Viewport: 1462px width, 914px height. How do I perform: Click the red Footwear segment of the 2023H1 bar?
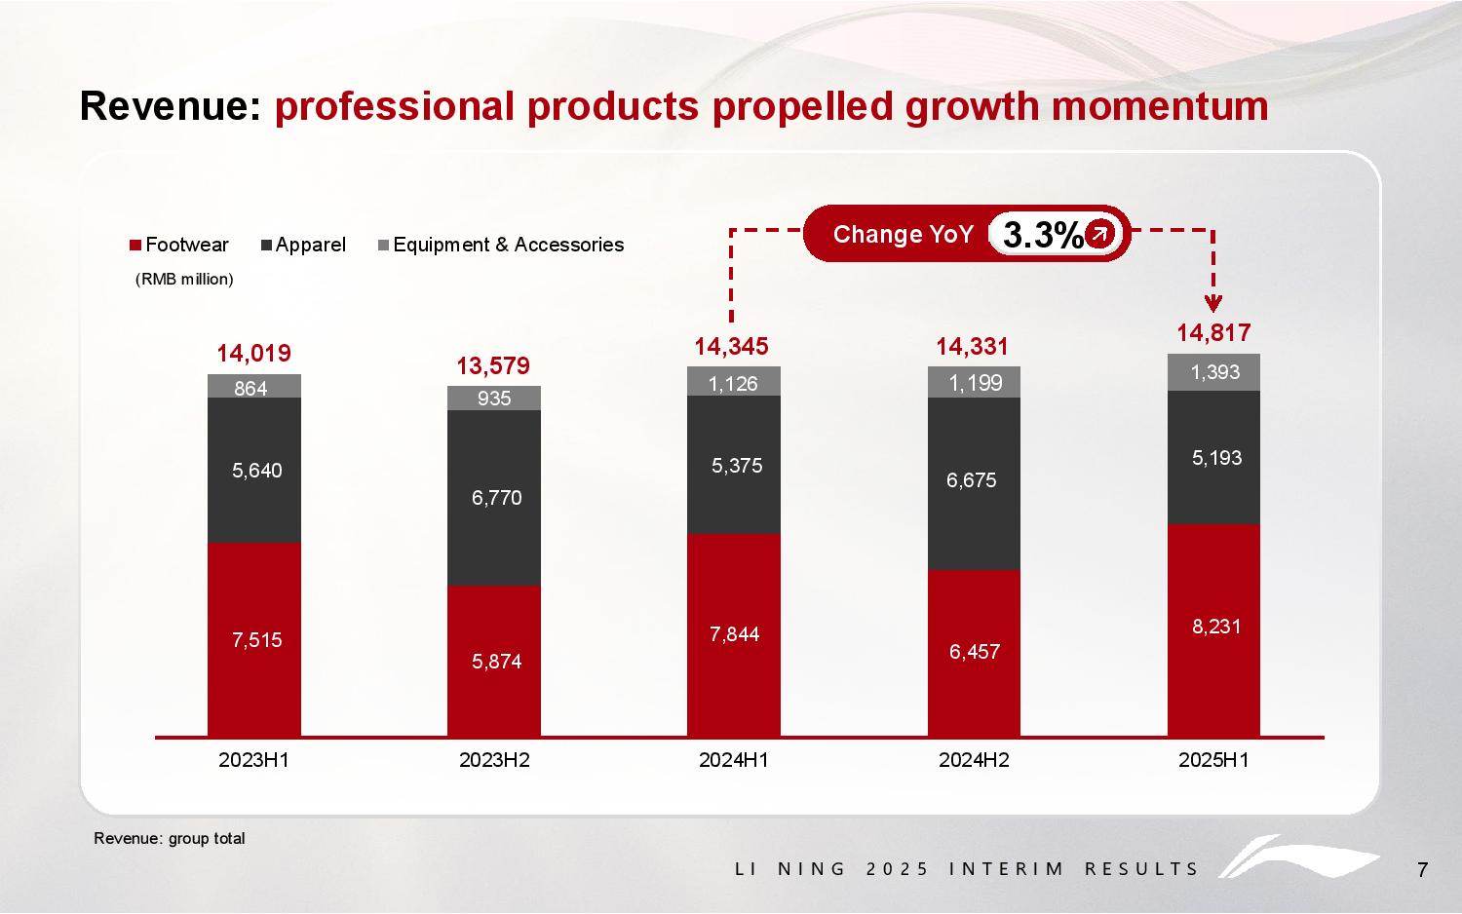click(254, 638)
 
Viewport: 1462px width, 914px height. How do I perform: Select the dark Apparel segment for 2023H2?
click(494, 497)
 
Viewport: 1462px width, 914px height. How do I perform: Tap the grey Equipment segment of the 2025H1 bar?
click(1213, 372)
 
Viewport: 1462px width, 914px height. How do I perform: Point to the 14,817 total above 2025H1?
click(1213, 333)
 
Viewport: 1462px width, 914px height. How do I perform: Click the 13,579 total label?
click(493, 366)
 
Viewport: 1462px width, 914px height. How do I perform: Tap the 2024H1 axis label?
click(733, 760)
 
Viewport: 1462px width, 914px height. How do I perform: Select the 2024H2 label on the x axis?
click(974, 760)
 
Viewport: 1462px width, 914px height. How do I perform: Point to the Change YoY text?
click(904, 234)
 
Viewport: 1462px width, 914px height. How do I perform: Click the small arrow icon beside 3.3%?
click(1099, 234)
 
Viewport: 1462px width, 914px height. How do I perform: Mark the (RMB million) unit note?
click(184, 280)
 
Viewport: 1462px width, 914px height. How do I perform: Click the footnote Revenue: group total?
click(170, 839)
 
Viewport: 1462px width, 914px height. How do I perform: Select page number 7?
click(1422, 870)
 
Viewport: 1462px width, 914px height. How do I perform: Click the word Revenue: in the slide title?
click(171, 106)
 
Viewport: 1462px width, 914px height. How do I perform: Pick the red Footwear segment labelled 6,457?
click(974, 652)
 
